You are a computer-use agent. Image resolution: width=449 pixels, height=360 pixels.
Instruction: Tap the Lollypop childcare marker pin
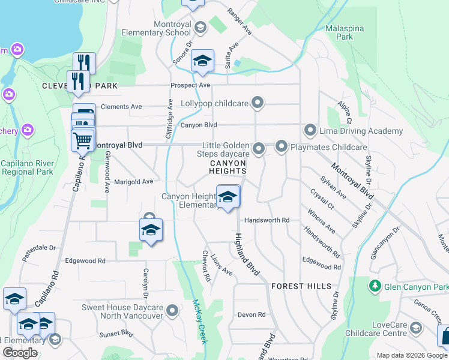(x=258, y=103)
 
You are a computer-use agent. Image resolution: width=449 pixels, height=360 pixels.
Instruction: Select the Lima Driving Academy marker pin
(x=310, y=130)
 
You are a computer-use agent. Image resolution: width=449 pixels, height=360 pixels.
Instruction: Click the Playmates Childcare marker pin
(x=282, y=146)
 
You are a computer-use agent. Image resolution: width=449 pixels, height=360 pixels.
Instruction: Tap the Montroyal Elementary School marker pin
(x=200, y=27)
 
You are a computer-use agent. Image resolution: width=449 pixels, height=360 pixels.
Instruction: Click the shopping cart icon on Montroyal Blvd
(x=82, y=141)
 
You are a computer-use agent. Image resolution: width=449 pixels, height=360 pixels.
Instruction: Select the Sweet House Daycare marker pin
(x=173, y=311)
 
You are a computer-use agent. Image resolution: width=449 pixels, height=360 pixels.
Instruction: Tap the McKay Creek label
(x=199, y=321)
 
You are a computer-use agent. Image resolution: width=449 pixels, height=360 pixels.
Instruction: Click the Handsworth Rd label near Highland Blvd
(x=267, y=220)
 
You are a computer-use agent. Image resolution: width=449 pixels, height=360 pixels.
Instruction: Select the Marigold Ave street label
(x=134, y=181)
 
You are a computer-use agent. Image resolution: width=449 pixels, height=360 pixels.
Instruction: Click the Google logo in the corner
(x=20, y=353)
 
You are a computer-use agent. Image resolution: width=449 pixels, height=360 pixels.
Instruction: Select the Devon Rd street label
(x=251, y=314)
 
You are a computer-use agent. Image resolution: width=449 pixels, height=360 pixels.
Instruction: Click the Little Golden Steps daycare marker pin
(x=259, y=148)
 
